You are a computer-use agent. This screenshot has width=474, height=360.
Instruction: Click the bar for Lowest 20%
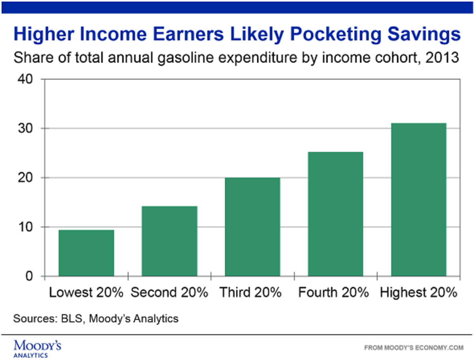pos(86,253)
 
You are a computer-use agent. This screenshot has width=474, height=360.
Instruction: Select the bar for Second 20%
pos(169,241)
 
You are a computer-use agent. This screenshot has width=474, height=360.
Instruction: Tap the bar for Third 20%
pos(252,227)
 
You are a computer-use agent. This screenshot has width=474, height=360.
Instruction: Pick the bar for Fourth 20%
pos(335,214)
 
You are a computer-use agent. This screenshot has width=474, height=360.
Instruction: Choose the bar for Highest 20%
pos(418,200)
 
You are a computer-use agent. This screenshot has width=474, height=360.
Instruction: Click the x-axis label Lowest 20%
pos(86,293)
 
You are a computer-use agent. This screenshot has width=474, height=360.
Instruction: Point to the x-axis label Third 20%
pos(251,293)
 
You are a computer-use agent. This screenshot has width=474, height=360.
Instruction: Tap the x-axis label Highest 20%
pos(418,293)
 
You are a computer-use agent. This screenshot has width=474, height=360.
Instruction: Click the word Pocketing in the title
pos(333,35)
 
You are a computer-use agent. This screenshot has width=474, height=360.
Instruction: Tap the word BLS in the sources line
pos(71,318)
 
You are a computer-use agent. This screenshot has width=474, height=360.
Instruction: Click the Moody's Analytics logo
pos(38,348)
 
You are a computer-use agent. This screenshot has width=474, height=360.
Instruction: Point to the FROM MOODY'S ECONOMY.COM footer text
pos(413,348)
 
